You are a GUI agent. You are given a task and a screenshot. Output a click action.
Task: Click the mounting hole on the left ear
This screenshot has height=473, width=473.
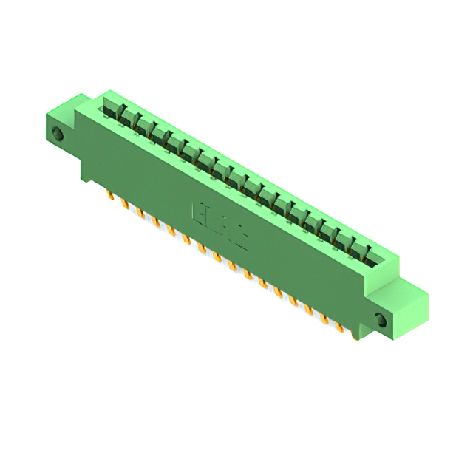click(x=58, y=134)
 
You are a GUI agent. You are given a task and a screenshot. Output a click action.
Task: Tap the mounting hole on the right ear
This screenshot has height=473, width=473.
click(x=381, y=320)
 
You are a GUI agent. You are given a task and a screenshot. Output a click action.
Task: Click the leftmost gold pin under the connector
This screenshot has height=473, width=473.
click(x=109, y=195)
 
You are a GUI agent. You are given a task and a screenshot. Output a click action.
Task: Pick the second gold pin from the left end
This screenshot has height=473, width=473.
click(x=124, y=203)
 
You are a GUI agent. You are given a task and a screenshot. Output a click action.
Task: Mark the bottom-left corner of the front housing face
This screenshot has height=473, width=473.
click(x=82, y=177)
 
